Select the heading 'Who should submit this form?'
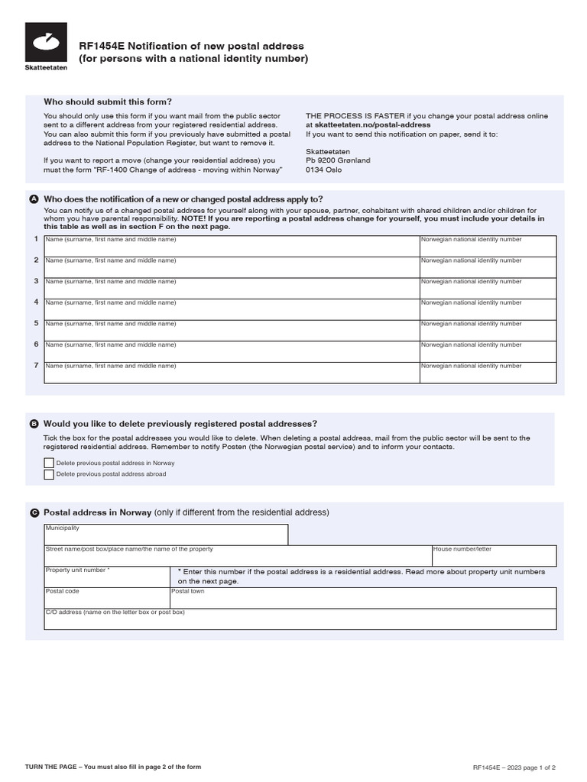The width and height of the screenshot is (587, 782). tap(108, 102)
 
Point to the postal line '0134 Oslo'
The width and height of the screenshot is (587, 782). tap(324, 170)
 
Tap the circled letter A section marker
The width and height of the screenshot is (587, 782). tap(34, 199)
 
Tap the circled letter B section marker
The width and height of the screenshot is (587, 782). tap(34, 424)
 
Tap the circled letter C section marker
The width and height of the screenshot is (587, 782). tap(34, 512)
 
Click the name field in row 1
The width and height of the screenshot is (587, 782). tap(232, 246)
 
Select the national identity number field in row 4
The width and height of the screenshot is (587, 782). tap(488, 309)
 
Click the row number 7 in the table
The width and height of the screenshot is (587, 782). tap(35, 365)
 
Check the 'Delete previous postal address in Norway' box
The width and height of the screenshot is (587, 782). tap(49, 463)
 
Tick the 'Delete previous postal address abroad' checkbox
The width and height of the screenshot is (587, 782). tap(49, 474)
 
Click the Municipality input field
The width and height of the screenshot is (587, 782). tap(166, 535)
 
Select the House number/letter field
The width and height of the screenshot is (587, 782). tap(494, 556)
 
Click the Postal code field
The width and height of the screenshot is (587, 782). tap(106, 597)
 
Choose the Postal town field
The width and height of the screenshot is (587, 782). tap(362, 597)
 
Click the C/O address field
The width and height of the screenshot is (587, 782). tap(300, 619)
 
